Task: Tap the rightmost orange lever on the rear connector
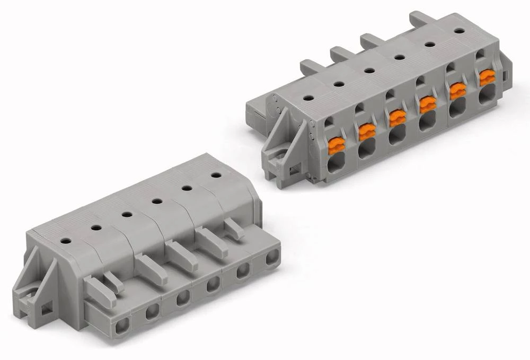(487, 77)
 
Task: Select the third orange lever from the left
(397, 118)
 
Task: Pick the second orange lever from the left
(367, 131)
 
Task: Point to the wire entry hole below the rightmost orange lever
(487, 96)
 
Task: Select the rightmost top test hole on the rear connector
(459, 31)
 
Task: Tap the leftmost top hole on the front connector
(65, 241)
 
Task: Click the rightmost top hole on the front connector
(215, 174)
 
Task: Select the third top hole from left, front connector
(126, 214)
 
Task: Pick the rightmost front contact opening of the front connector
(272, 258)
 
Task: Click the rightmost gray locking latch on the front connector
(233, 229)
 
